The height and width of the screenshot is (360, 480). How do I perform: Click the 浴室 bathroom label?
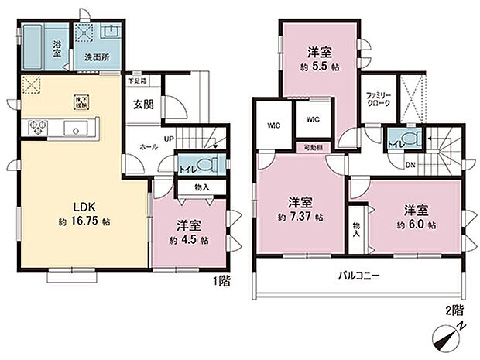57,46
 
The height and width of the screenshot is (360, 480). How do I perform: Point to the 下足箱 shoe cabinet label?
137,81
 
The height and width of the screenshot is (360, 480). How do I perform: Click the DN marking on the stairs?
410,165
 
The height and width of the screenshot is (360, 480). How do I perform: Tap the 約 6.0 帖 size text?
415,224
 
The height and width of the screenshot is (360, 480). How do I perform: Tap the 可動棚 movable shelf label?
311,146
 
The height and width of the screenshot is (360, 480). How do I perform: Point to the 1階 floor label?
222,282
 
